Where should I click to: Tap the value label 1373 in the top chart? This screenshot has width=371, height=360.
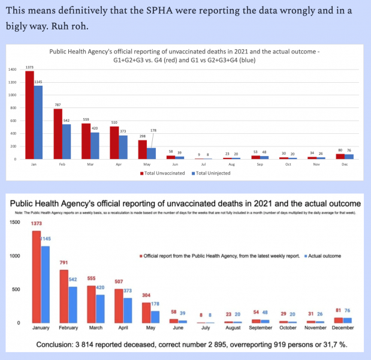tap(29, 67)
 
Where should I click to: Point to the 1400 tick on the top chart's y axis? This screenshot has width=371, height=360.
tap(12, 70)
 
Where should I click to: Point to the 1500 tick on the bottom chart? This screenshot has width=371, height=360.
tap(14, 223)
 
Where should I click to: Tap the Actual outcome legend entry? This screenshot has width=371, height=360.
tap(323, 256)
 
